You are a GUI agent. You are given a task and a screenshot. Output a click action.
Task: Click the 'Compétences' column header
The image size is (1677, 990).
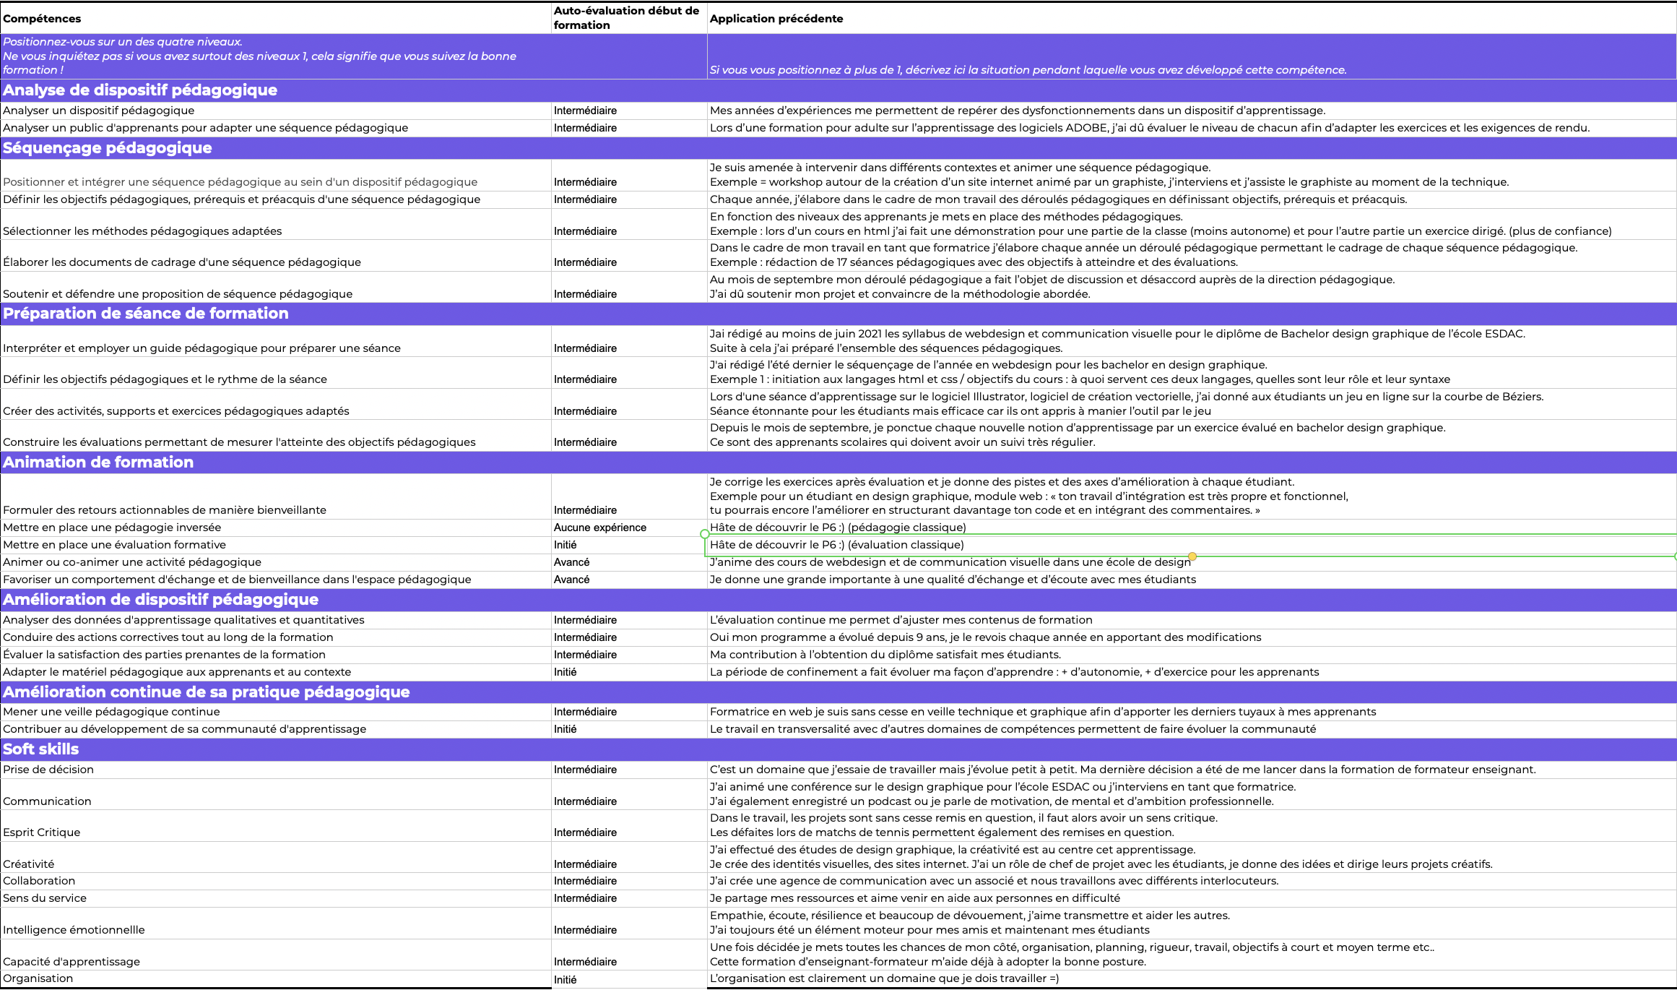42,19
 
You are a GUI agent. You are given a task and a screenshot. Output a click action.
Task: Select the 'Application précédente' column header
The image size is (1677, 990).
776,19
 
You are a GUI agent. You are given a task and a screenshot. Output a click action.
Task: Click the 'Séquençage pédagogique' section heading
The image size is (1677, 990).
108,148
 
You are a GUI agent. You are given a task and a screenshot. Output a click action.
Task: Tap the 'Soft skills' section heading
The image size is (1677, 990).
41,749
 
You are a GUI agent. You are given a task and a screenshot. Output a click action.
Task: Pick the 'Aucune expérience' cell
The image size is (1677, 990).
599,528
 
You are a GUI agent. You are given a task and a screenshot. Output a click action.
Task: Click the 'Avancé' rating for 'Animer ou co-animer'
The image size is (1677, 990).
571,562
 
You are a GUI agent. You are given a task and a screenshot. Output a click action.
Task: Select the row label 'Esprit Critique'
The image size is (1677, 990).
42,832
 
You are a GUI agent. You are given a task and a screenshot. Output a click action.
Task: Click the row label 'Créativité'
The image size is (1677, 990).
29,864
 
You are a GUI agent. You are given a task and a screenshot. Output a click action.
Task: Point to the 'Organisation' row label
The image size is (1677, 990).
38,978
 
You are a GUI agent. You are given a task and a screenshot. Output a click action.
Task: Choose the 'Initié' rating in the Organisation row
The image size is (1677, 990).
565,980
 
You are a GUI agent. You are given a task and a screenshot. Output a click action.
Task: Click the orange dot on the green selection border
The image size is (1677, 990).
1192,556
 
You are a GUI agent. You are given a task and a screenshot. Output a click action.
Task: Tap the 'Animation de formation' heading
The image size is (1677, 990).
98,462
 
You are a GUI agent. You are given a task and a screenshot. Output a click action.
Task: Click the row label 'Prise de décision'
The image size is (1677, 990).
48,770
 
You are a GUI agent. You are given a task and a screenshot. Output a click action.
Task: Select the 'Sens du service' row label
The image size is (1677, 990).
45,898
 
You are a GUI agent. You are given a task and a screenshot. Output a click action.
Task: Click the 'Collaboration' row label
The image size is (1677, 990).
39,881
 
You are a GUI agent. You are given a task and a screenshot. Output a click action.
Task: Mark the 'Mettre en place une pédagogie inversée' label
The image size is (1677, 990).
112,528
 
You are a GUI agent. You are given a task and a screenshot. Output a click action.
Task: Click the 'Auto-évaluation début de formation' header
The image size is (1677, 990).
626,18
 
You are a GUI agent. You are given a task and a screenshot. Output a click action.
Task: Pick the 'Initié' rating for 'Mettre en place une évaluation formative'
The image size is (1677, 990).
565,545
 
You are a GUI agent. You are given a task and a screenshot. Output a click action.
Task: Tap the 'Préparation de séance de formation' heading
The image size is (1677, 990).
146,314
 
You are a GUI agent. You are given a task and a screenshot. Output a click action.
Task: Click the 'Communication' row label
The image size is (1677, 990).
47,801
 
